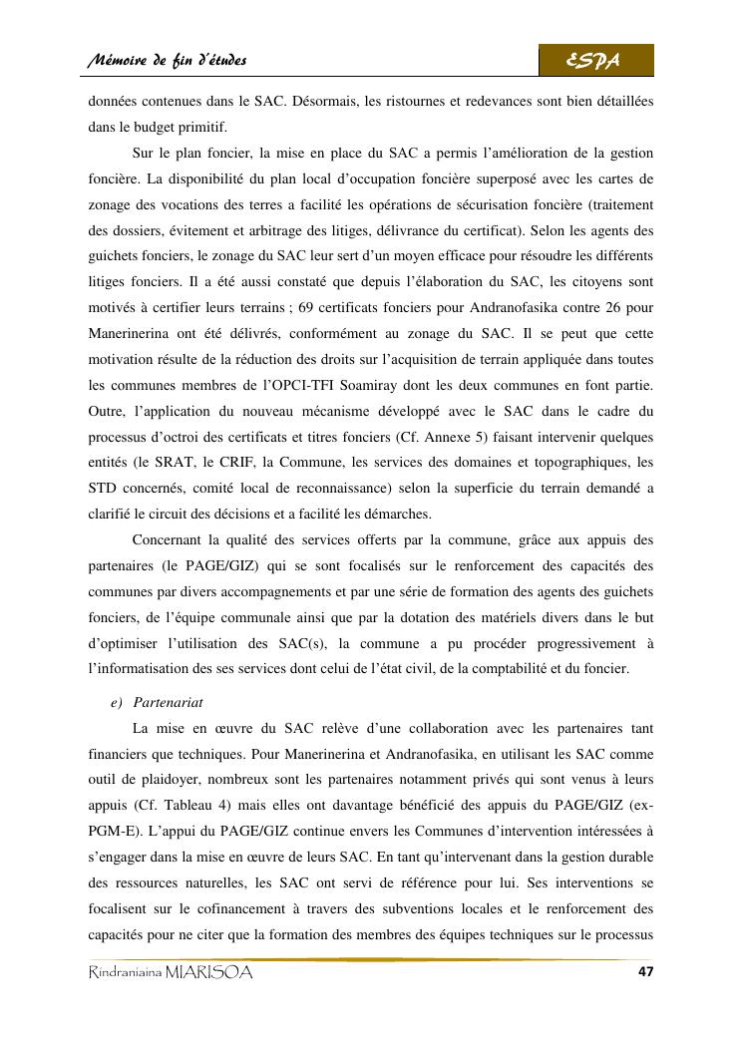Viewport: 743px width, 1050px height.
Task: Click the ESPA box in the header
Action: (596, 62)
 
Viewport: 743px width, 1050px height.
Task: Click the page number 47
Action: (644, 972)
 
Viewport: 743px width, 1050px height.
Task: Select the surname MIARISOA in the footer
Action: (209, 973)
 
